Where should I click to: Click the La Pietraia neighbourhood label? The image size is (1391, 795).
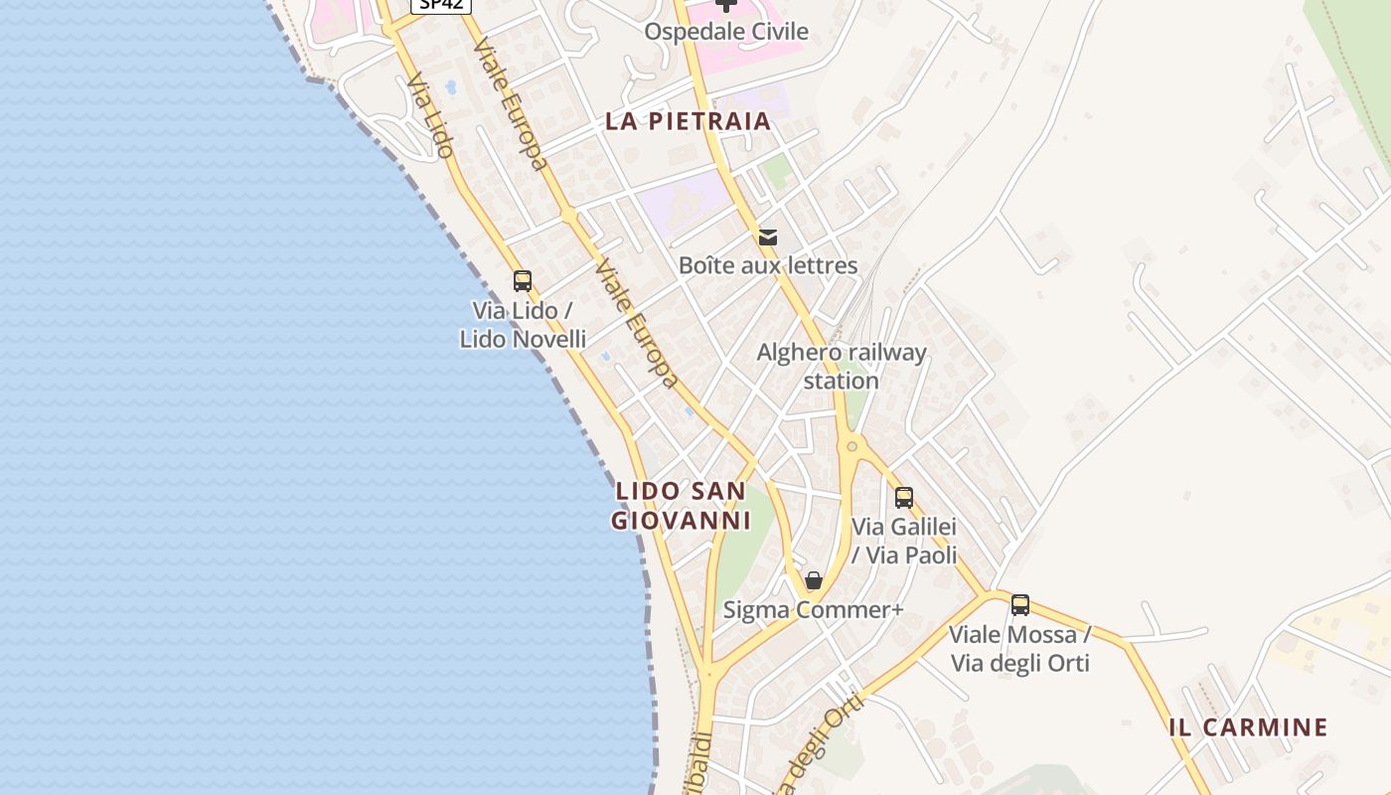pos(688,121)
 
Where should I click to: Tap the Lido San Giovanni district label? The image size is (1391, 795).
pos(682,505)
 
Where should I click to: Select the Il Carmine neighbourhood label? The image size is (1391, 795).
pos(1248,727)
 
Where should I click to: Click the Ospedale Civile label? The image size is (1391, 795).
pos(726,31)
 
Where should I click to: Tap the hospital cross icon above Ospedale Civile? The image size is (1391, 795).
pos(726,5)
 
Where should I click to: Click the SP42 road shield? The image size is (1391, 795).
pos(441,4)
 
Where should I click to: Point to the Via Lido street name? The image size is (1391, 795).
pos(430,116)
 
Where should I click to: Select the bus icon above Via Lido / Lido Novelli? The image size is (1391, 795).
pos(523,281)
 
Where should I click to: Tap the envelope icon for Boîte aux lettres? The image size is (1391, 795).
pos(768,237)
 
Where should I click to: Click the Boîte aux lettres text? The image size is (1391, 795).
pos(768,265)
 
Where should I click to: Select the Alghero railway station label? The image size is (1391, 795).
pos(842,366)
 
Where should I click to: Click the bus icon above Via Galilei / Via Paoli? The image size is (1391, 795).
pos(904,498)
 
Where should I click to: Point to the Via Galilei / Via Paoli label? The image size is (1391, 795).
pos(904,540)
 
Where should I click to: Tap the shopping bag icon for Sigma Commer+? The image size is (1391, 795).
pos(814,580)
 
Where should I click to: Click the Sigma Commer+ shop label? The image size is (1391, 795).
pos(814,609)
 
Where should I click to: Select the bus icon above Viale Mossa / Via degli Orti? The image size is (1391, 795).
pos(1020,604)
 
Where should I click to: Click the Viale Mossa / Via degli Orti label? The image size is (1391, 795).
pos(1020,648)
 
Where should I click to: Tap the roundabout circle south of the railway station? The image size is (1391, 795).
pos(851,447)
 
